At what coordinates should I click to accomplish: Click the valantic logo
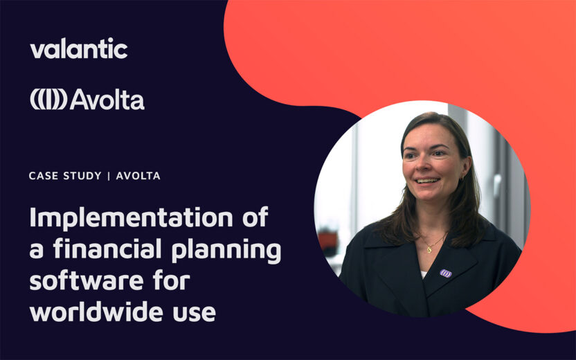pyautogui.click(x=79, y=49)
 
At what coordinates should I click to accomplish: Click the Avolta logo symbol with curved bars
pyautogui.click(x=48, y=100)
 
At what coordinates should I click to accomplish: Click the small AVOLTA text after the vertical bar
pyautogui.click(x=138, y=176)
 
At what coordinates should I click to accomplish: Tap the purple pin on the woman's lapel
pyautogui.click(x=446, y=273)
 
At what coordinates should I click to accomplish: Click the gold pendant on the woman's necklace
pyautogui.click(x=429, y=247)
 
